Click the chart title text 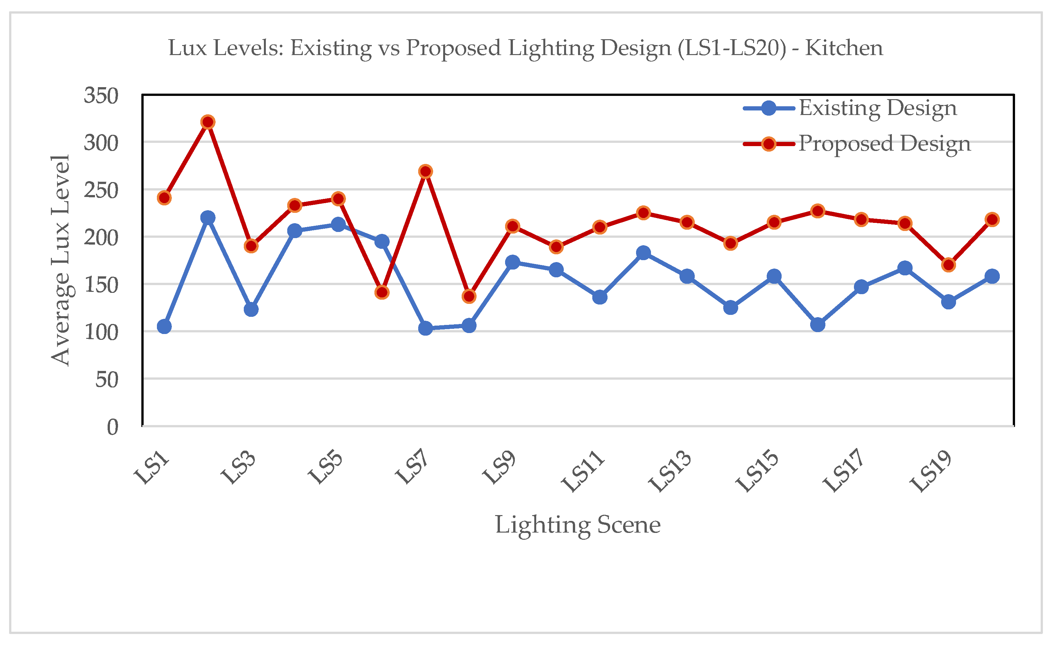(x=526, y=48)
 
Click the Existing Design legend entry (x=850, y=108)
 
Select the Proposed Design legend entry (x=857, y=144)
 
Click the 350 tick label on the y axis (x=101, y=95)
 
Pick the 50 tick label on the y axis (x=107, y=379)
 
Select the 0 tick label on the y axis (x=113, y=427)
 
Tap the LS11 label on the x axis (x=583, y=471)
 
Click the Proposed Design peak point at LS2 (x=207, y=122)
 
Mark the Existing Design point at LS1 (x=164, y=327)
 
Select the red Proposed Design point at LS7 (x=425, y=171)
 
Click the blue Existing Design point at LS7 (x=425, y=328)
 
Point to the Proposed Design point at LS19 (x=948, y=265)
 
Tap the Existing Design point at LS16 (x=818, y=325)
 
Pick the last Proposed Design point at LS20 (x=992, y=220)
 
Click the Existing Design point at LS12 (x=644, y=253)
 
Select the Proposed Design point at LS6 (x=382, y=292)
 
